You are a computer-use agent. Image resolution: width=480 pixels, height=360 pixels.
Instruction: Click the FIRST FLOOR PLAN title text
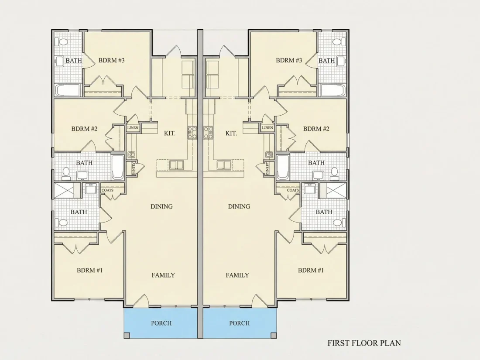tap(364, 343)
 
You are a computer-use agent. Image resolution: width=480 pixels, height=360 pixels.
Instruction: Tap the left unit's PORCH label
tap(161, 323)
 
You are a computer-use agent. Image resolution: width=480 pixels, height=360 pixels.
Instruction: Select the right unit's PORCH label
tap(240, 323)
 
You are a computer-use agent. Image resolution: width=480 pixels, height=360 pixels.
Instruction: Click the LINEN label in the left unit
tap(133, 128)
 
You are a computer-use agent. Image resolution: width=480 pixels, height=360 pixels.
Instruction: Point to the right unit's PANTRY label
tap(267, 169)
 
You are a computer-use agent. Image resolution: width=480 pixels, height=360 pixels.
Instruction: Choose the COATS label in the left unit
tap(107, 190)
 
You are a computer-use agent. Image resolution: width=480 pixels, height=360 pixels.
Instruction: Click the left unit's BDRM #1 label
tap(89, 270)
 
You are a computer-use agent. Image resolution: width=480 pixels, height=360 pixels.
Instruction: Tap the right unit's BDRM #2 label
tap(316, 129)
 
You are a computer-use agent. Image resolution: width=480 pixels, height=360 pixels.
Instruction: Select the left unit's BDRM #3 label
tap(111, 60)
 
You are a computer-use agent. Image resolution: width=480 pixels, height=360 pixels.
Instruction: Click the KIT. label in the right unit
tap(231, 133)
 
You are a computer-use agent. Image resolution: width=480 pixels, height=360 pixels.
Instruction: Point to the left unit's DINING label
tap(161, 207)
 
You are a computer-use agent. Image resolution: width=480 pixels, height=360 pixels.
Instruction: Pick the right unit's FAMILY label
tap(237, 275)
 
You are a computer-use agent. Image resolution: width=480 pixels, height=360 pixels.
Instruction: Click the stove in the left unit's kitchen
tap(192, 133)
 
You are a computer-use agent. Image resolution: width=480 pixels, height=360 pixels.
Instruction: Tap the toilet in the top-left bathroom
tap(62, 41)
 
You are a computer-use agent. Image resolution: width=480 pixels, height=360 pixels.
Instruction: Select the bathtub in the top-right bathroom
tap(333, 90)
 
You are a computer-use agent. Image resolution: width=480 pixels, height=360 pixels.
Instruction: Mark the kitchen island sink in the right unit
tap(225, 165)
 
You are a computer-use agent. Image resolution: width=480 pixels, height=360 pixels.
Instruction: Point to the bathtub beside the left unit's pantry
tap(117, 167)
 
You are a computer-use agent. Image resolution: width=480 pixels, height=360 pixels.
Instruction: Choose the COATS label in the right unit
tap(293, 190)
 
